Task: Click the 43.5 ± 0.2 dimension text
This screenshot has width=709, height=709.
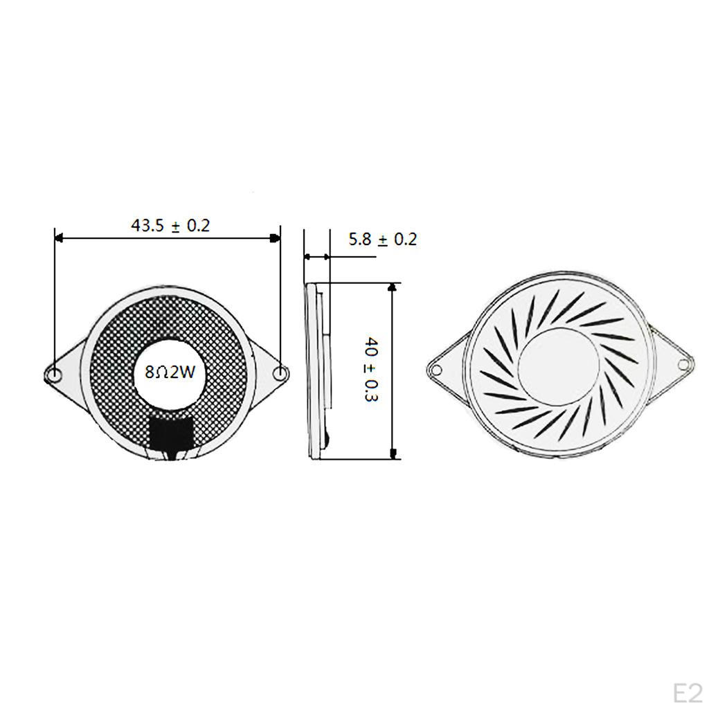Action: click(x=170, y=225)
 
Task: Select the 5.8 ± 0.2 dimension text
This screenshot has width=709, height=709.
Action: click(x=382, y=239)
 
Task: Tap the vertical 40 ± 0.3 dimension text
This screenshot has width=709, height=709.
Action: click(x=371, y=369)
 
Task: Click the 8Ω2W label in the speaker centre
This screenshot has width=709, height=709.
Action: click(x=170, y=372)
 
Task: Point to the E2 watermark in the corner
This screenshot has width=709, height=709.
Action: click(x=688, y=693)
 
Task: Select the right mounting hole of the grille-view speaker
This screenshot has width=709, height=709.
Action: click(x=280, y=373)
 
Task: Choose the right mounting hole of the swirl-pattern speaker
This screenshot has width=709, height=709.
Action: click(x=683, y=364)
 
